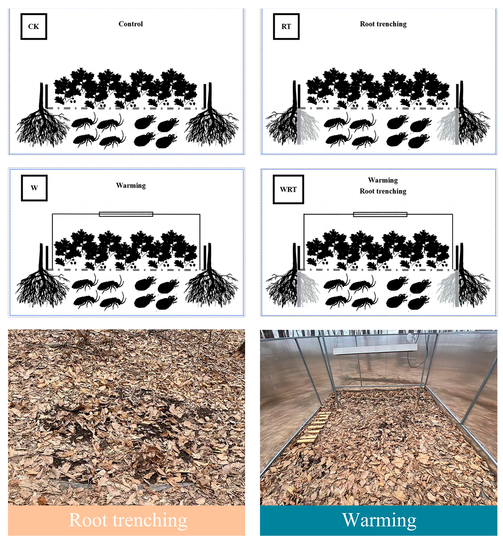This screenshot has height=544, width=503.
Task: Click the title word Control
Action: (x=131, y=24)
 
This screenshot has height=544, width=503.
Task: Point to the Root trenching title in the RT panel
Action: (x=383, y=24)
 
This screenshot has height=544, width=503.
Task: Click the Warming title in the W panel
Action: (x=131, y=185)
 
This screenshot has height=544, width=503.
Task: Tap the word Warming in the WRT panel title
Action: (x=383, y=180)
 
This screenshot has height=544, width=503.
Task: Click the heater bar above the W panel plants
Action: (x=126, y=214)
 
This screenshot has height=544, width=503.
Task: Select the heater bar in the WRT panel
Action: (x=380, y=214)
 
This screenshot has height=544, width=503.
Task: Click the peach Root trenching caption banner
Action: (x=126, y=520)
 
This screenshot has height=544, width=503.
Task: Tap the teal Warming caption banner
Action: (x=379, y=520)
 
